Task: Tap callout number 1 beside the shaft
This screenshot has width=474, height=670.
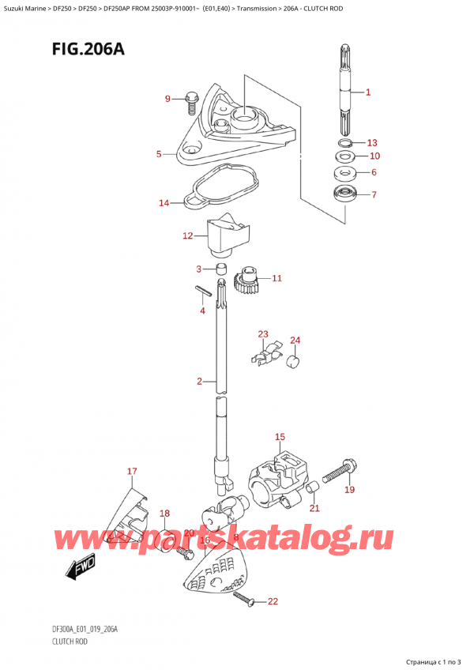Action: pos(368,92)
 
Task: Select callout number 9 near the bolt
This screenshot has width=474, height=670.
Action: pos(167,99)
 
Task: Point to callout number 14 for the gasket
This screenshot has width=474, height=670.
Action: pos(164,203)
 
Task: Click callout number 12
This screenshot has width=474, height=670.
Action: pos(187,235)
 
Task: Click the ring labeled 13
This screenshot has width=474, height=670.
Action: pos(344,143)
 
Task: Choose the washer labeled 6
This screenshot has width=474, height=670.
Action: pos(344,173)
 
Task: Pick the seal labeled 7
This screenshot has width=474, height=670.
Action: pos(344,194)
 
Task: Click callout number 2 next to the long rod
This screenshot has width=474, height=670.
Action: pos(201,382)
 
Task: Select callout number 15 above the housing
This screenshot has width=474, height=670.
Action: pos(280,437)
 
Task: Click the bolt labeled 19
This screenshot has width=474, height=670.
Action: pos(340,472)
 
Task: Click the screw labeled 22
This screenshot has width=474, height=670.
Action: pos(246,603)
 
